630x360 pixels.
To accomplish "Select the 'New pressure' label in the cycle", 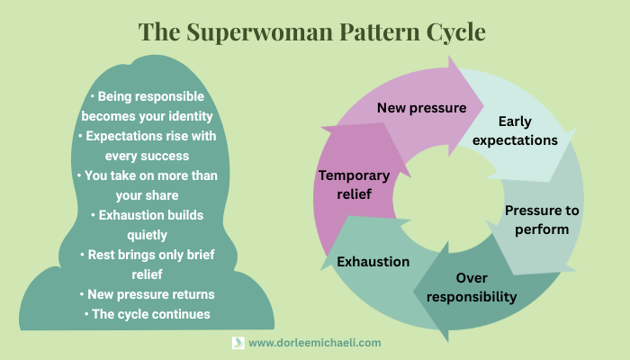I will point(421,108).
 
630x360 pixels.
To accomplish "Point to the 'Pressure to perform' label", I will point(542,219).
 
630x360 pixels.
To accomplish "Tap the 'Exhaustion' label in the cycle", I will point(373,262).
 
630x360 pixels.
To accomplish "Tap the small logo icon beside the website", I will point(238,343).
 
